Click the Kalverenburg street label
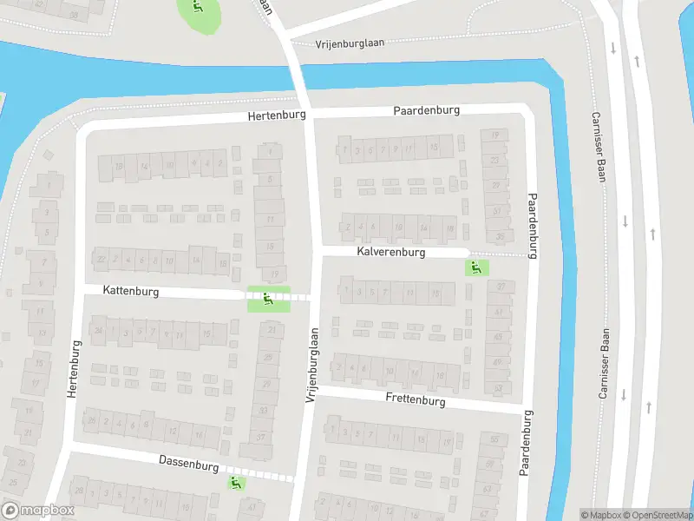(390, 252)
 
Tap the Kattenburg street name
(131, 292)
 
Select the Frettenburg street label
(416, 400)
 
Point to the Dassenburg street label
(189, 465)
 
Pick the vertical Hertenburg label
(73, 369)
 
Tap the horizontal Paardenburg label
(426, 110)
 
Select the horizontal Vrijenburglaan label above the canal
(350, 42)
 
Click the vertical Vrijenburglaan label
(311, 365)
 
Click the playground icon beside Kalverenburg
(474, 267)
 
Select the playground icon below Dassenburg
(236, 481)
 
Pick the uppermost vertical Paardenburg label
(532, 219)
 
